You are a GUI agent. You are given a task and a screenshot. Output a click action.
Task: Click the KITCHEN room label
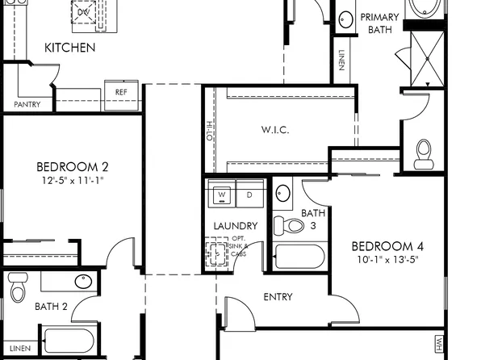tap(69, 48)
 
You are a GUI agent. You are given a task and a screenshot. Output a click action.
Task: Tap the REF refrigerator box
tap(121, 93)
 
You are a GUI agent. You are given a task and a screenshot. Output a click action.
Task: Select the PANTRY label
tap(27, 105)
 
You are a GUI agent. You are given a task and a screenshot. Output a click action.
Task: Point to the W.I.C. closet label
tap(275, 130)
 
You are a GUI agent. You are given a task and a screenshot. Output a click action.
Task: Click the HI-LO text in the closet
tap(207, 130)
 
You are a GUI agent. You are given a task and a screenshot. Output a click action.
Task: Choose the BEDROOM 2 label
tap(73, 167)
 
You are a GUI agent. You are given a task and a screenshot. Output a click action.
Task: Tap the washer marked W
tap(221, 195)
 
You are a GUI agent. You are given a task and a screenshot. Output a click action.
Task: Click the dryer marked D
tap(249, 195)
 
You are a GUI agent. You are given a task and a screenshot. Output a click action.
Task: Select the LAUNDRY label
tap(236, 226)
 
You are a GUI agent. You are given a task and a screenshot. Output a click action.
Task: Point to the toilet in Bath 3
tap(287, 224)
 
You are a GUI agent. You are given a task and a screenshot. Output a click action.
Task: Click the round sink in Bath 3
tap(283, 194)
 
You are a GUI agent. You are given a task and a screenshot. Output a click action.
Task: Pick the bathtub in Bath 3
tap(299, 257)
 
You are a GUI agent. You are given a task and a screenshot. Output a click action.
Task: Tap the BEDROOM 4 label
tap(387, 246)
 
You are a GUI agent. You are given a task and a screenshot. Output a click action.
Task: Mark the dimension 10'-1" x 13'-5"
tap(387, 260)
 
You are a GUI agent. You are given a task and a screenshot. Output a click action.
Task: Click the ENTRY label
tap(278, 297)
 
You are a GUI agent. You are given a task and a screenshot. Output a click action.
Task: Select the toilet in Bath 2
tap(18, 287)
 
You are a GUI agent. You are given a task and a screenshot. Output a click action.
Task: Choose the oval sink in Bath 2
tap(83, 282)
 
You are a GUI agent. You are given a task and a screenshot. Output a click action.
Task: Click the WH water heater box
tap(440, 344)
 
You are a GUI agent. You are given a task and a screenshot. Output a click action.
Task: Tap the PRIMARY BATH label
tap(379, 23)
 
